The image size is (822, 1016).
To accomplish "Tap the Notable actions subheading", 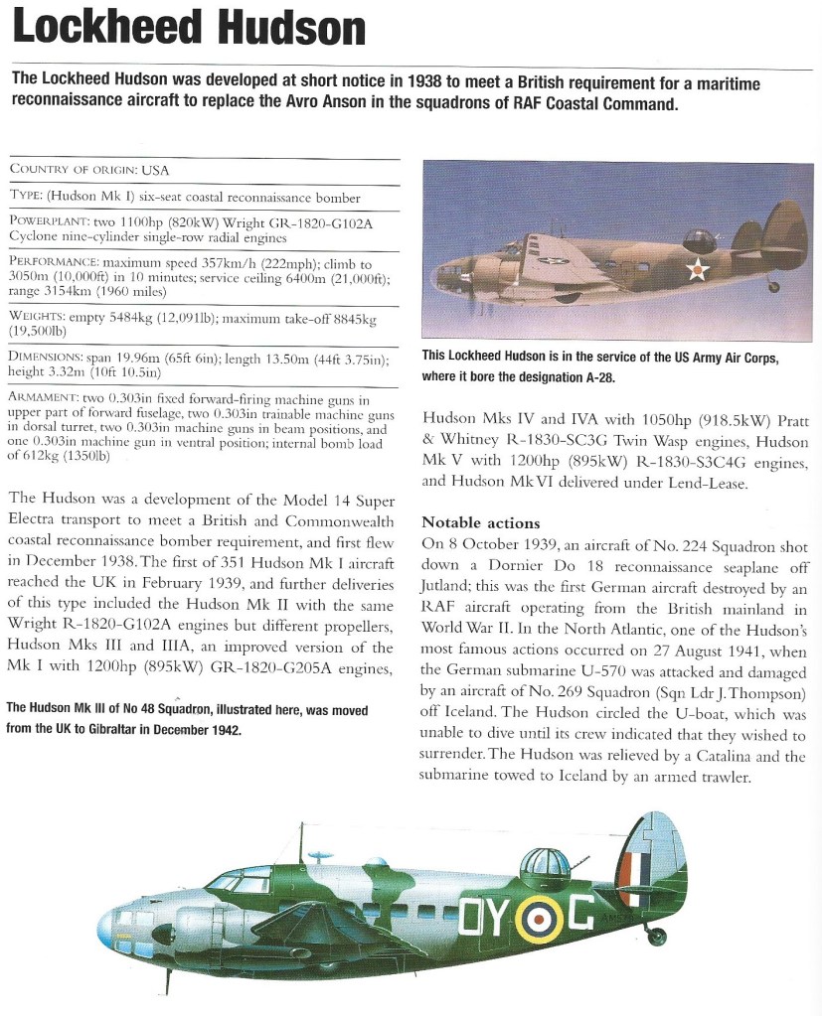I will click(480, 522).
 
